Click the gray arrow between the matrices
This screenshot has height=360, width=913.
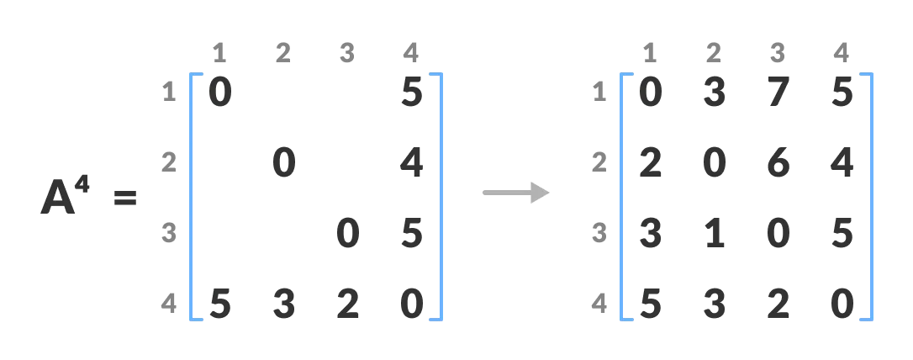(x=515, y=193)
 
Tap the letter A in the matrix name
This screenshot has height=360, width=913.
(x=59, y=199)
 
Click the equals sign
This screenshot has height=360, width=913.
(x=124, y=200)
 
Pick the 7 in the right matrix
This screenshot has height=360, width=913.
(x=778, y=92)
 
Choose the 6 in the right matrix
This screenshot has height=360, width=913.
(x=778, y=162)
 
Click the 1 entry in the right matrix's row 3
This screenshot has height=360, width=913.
(x=714, y=233)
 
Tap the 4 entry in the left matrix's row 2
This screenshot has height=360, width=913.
(x=411, y=162)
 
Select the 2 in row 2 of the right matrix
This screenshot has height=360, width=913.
(x=650, y=162)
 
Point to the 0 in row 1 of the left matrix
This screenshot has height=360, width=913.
(x=219, y=92)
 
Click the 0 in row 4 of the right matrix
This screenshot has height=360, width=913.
(x=842, y=304)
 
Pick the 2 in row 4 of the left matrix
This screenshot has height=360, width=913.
(x=347, y=304)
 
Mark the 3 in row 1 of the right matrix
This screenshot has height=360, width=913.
(x=714, y=92)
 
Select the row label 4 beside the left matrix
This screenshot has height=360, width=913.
(x=169, y=304)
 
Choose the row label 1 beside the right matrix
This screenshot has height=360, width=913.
(x=599, y=92)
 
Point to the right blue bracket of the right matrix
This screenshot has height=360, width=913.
(x=869, y=197)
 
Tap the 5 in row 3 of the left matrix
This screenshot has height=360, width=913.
(x=411, y=233)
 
